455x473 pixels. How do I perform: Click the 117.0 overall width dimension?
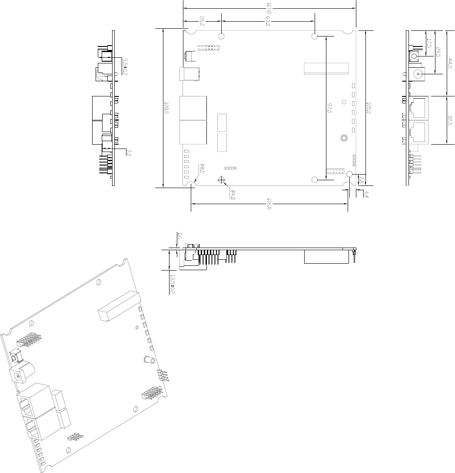[x=269, y=8]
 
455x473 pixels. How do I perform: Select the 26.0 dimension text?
[x=202, y=21]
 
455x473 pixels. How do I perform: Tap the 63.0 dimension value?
[x=267, y=21]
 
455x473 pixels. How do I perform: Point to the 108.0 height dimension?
[x=166, y=108]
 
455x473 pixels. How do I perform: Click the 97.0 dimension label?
[x=329, y=108]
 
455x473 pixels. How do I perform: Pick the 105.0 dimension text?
[x=368, y=108]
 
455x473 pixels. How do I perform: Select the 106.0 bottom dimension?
[x=269, y=204]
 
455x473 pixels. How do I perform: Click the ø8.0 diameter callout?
[x=202, y=169]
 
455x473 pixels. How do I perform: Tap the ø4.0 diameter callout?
[x=232, y=195]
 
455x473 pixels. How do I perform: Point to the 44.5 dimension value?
[x=450, y=63]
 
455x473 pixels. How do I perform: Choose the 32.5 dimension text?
[x=450, y=120]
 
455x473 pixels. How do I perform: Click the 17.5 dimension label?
[x=429, y=43]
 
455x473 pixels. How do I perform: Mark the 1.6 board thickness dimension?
[x=180, y=236]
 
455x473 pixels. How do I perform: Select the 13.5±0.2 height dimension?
[x=173, y=284]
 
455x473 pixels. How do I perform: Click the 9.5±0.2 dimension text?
[x=125, y=67]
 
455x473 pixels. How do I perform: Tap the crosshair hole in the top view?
[x=222, y=180]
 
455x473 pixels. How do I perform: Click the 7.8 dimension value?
[x=362, y=180]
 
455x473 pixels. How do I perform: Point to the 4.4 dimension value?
[x=366, y=195]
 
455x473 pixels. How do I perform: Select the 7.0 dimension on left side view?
[x=129, y=152]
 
